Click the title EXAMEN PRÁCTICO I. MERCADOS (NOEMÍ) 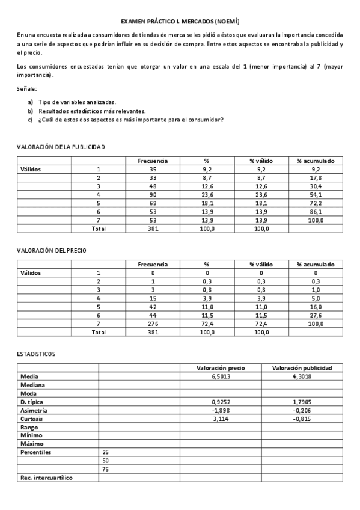click(180, 21)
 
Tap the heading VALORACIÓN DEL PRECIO click(55, 250)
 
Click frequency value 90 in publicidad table click(153, 195)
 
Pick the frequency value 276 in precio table click(153, 324)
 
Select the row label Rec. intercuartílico click(50, 477)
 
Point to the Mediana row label click(34, 384)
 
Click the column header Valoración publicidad click(302, 367)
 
